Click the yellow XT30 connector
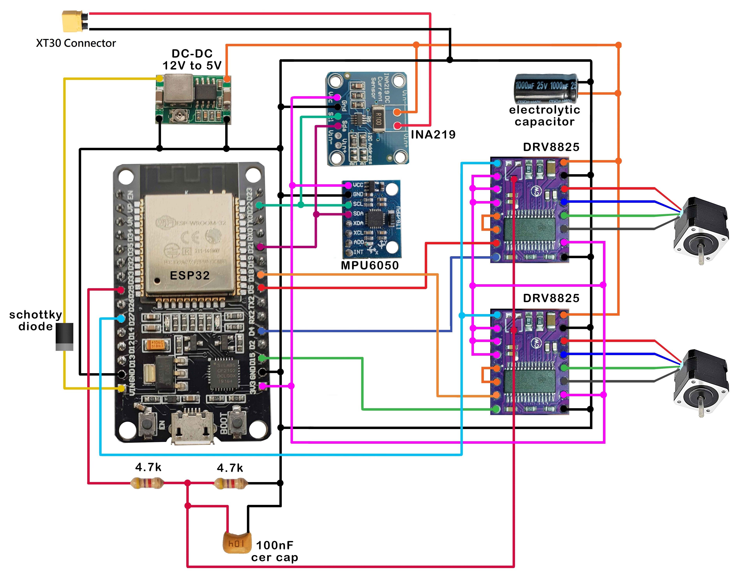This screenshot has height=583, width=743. pos(72,21)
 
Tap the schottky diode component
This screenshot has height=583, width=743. pos(64,337)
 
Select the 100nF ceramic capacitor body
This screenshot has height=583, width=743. pos(237,542)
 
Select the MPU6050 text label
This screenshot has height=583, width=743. pos(370,265)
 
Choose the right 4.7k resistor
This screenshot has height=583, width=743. pos(231,483)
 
